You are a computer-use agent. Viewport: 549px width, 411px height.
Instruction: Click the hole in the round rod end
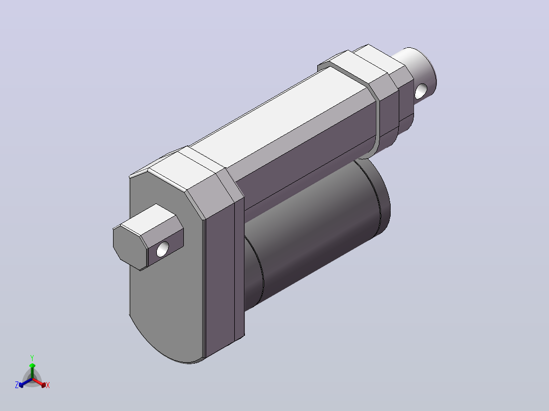pos(421,91)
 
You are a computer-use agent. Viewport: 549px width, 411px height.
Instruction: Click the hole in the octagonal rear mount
pos(162,249)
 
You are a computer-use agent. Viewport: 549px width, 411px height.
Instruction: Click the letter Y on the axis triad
pos(32,358)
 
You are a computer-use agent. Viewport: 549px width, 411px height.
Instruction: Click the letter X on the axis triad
pos(48,385)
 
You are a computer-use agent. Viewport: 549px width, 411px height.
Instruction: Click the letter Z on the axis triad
pos(17,385)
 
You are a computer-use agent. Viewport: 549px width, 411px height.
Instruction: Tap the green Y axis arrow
pos(32,371)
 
